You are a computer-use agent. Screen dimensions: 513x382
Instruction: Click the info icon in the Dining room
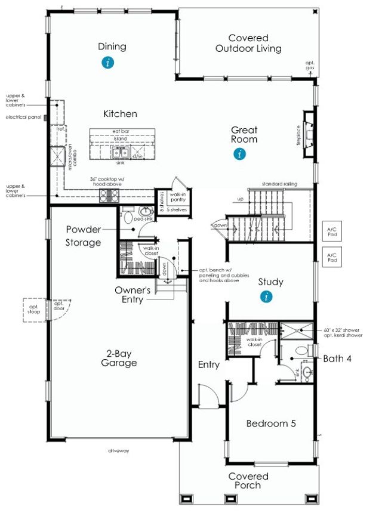(x=107, y=62)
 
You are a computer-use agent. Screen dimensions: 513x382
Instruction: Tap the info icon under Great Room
(x=239, y=154)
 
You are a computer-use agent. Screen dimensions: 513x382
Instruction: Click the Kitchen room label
(x=120, y=113)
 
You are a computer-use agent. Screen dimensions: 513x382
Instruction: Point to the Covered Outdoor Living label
(x=248, y=44)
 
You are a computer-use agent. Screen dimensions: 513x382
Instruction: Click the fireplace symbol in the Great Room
(x=308, y=135)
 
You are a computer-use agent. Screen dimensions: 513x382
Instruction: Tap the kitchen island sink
(x=120, y=153)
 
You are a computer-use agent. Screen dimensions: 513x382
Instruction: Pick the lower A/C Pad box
(x=332, y=258)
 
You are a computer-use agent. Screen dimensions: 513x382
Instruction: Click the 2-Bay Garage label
(x=118, y=358)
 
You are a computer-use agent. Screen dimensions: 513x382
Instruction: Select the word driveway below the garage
(x=120, y=450)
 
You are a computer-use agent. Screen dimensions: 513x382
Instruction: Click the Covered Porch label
(x=248, y=481)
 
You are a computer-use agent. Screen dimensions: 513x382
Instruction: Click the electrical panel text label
(x=23, y=118)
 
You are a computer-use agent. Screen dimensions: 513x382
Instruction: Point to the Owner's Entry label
(x=136, y=295)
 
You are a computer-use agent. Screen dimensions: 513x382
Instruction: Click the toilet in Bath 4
(x=307, y=351)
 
